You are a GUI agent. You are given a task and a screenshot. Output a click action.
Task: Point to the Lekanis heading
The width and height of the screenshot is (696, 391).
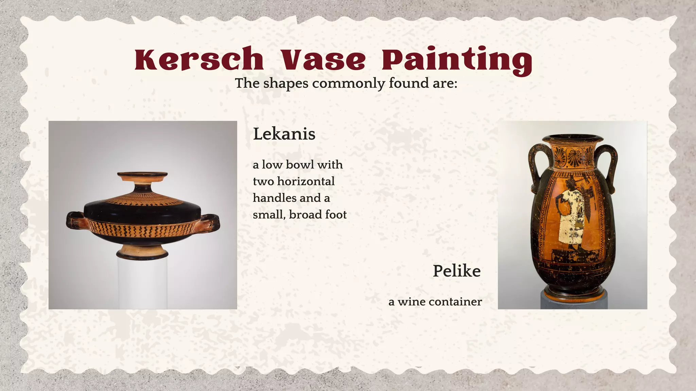click(x=284, y=134)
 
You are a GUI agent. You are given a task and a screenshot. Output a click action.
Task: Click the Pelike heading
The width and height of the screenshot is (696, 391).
click(x=456, y=271)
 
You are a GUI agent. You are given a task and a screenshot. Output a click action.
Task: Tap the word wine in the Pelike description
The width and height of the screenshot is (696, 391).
click(x=412, y=302)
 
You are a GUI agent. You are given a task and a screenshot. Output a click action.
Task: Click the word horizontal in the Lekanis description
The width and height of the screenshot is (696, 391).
click(x=306, y=181)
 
